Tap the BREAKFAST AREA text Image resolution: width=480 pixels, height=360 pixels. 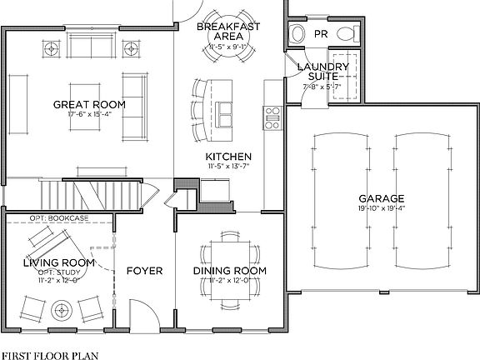[228, 32]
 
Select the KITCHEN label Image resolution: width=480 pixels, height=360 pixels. [228, 157]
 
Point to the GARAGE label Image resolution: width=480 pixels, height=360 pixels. [382, 198]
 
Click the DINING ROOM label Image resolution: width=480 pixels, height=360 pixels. [230, 271]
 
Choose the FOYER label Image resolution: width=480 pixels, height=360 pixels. [144, 271]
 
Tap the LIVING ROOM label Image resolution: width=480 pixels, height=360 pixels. [58, 262]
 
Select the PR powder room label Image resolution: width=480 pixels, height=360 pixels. [321, 34]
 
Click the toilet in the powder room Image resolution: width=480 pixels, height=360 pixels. [297, 34]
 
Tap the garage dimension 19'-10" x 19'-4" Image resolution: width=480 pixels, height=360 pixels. [382, 208]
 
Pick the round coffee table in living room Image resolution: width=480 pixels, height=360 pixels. [63, 312]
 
